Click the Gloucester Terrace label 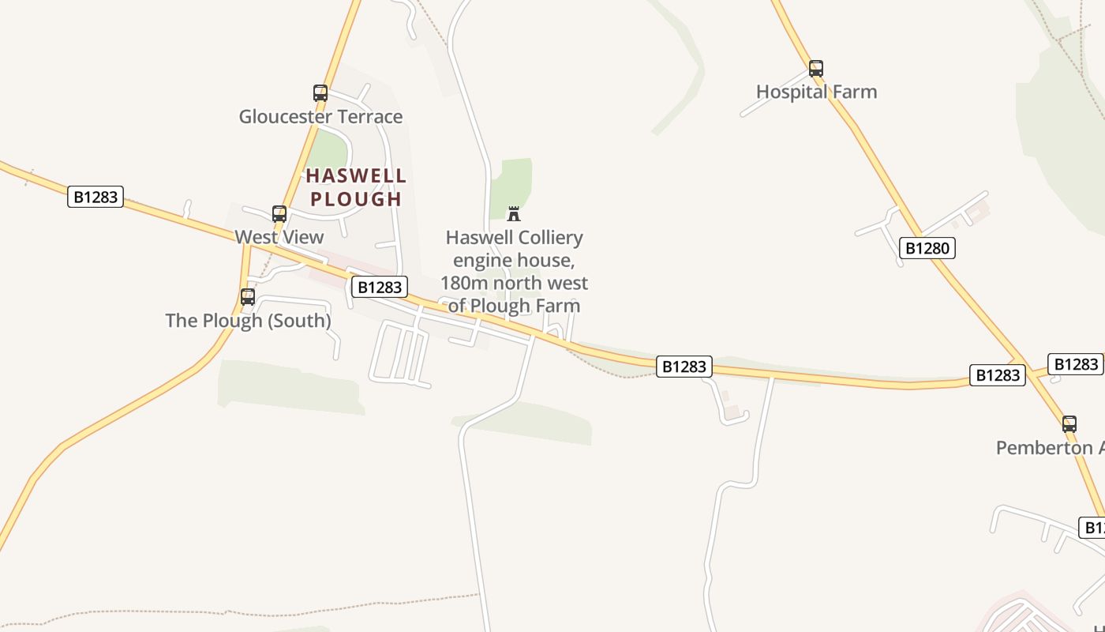(x=320, y=117)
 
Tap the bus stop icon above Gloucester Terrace (x=320, y=92)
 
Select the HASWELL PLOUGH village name (x=356, y=187)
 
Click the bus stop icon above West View (x=279, y=213)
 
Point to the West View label (x=279, y=237)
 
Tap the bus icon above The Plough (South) (x=248, y=296)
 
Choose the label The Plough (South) (x=248, y=320)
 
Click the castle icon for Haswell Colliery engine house (x=514, y=213)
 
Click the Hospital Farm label (x=816, y=92)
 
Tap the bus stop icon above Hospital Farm (x=816, y=68)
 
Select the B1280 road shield (x=927, y=248)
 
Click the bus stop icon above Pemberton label (x=1069, y=423)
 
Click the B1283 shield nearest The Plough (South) (x=380, y=287)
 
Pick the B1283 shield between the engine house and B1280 (x=684, y=367)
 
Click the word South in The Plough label (x=298, y=320)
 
